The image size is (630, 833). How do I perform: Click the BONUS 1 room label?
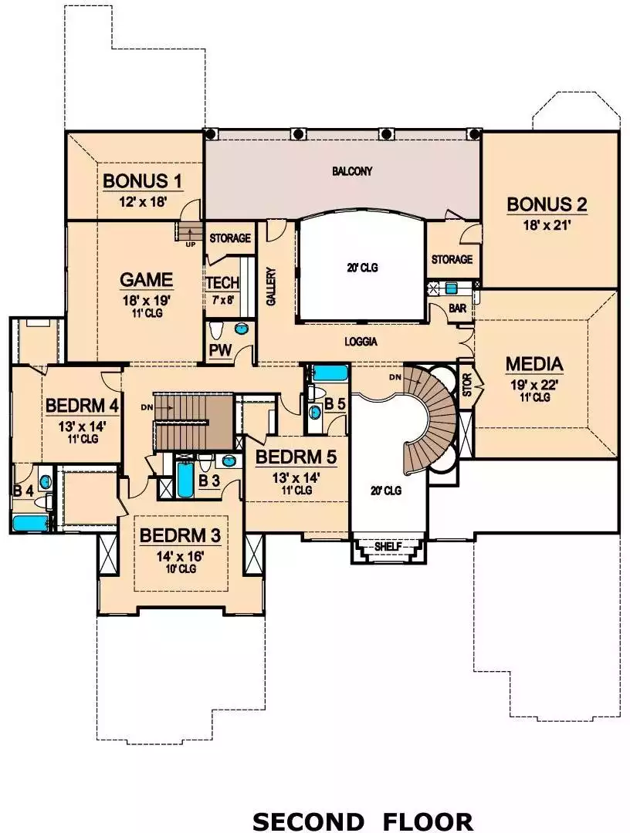coord(143,181)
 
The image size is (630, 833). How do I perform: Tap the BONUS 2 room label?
coord(547,204)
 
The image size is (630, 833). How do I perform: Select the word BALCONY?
coord(352,171)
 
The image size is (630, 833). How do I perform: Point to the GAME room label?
coord(146,279)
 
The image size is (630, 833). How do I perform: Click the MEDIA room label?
coord(534,364)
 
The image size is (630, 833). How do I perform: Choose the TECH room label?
coord(223,282)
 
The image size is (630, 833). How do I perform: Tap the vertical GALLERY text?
coord(271,286)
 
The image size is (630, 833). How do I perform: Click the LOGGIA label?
coord(361,342)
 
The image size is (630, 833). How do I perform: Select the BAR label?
coord(457,308)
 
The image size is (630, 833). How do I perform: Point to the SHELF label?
coord(388,547)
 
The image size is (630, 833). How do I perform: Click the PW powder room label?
coord(220,351)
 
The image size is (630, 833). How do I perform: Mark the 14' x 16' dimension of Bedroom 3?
coord(180,556)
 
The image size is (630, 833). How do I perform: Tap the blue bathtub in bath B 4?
coord(31,523)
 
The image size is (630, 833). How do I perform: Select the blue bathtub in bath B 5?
coord(330,373)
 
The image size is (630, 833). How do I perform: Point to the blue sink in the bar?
coord(452,288)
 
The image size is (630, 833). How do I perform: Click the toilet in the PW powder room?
coord(216,330)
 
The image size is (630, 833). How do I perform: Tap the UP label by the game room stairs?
coord(190,245)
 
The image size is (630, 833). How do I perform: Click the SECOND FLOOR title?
coord(363,821)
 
